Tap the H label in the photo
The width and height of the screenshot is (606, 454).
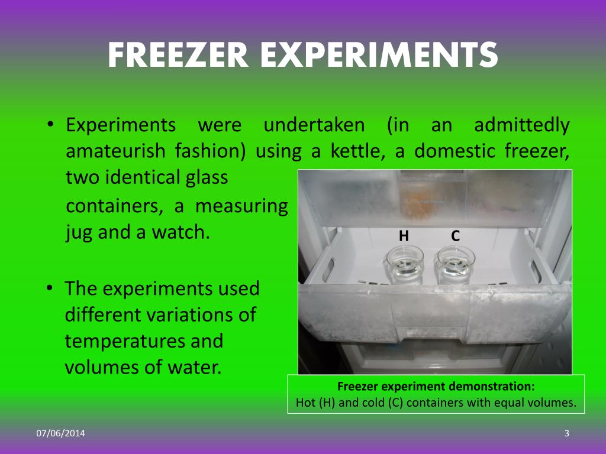point(404,236)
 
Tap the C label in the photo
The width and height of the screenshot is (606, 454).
point(455,236)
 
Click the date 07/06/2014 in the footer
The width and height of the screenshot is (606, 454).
point(60,434)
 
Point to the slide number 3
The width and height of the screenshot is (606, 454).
point(566,434)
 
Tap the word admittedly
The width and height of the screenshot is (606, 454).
point(522,125)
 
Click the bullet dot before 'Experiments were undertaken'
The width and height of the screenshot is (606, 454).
point(51,125)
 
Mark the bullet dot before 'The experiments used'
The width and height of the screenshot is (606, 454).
point(51,289)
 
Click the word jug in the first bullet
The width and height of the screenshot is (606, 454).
point(79,232)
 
